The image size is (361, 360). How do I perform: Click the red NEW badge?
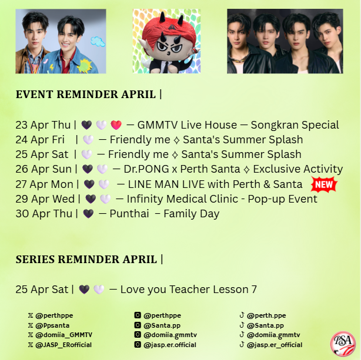323,184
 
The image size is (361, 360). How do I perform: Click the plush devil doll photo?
166,41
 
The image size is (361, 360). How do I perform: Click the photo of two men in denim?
61,41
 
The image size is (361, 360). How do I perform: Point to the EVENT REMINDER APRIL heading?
89,94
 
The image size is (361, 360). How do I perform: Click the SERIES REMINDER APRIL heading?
89,259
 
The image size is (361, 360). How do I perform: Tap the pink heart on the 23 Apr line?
116,125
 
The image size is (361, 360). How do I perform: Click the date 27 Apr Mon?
45,184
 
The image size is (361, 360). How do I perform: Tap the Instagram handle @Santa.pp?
164,325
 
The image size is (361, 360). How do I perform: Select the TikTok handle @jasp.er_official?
275,345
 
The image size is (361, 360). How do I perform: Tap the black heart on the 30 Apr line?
89,214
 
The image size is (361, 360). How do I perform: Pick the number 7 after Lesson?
254,289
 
